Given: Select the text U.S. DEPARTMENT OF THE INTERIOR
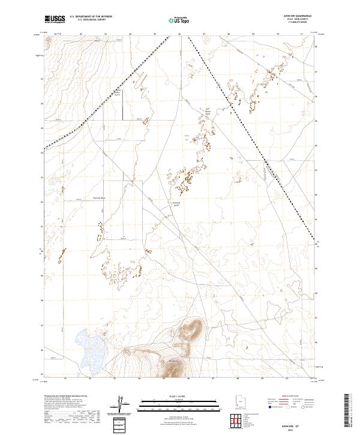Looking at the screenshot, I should tap(91, 17).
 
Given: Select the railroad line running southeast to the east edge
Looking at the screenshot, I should tap(252, 138).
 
